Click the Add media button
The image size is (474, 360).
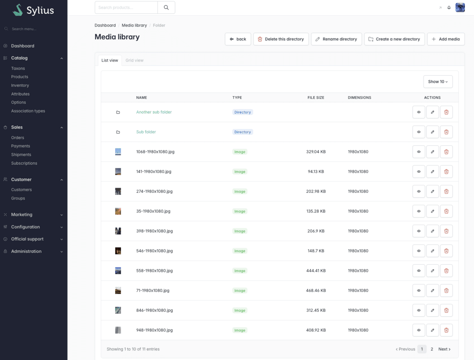point(445,39)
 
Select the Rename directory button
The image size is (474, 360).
point(336,39)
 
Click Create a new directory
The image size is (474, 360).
point(394,39)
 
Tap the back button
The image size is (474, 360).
point(238,39)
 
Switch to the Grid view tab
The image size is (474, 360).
point(135,60)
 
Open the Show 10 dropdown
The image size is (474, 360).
point(438,82)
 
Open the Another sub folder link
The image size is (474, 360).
point(154,112)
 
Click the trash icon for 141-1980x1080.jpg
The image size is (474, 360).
point(446,171)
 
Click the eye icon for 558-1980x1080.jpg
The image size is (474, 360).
point(419,271)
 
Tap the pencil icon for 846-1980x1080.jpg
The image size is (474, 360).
point(433,310)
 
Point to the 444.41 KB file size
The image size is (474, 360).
point(316,271)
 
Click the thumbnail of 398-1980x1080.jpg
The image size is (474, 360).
point(118,231)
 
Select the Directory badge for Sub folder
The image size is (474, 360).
point(242,132)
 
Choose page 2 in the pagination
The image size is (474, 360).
point(432,349)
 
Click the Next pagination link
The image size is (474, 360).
point(444,349)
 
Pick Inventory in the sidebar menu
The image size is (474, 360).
point(20,85)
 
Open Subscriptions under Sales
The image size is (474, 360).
point(24,163)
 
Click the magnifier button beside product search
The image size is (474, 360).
point(166,8)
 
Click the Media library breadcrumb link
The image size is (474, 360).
point(134,25)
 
